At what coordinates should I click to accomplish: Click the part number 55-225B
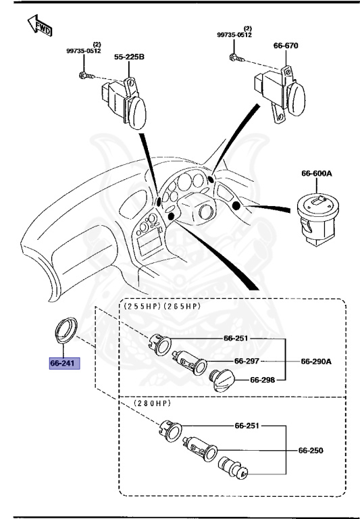pyautogui.click(x=128, y=58)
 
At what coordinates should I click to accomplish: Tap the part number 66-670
pyautogui.click(x=285, y=46)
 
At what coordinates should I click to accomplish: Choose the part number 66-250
pyautogui.click(x=311, y=449)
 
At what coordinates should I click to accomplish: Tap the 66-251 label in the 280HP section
pyautogui.click(x=248, y=426)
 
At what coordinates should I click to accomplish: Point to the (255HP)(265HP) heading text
pyautogui.click(x=162, y=306)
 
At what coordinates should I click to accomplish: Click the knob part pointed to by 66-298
pyautogui.click(x=224, y=381)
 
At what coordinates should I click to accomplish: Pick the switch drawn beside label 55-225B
pyautogui.click(x=125, y=101)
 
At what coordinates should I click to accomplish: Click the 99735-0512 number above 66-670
pyautogui.click(x=234, y=34)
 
